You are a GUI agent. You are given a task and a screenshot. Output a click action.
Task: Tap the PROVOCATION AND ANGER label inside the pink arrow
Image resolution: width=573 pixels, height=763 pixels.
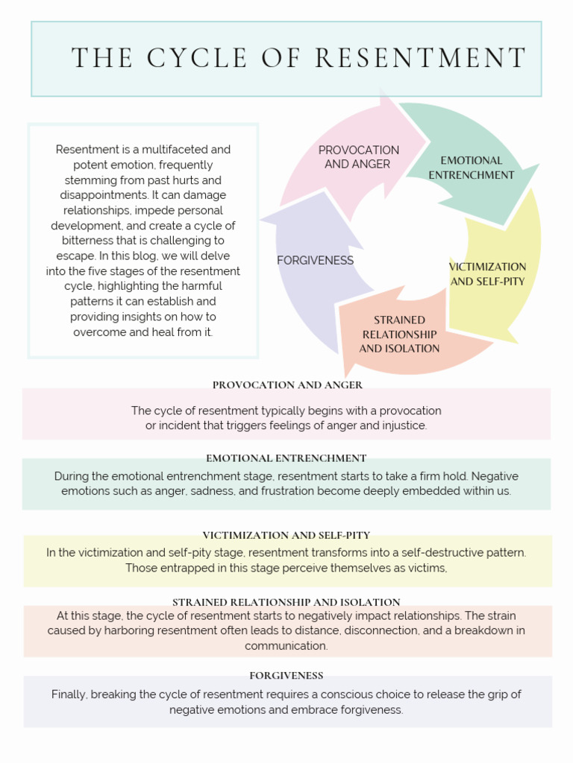coord(358,157)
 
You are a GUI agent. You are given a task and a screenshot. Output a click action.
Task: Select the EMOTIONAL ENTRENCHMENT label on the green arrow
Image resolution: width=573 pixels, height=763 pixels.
coord(471,168)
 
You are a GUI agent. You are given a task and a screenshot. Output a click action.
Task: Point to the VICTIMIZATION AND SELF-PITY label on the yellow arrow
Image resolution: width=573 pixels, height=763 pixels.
coord(487,273)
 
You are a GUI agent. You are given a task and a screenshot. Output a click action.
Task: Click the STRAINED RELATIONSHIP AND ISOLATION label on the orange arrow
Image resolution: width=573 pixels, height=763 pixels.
coord(399,334)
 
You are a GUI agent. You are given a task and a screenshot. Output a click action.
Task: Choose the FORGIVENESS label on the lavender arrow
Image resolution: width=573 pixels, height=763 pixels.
coord(315,260)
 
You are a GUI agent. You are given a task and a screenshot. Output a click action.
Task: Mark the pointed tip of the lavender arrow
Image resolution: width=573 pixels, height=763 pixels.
coord(261,221)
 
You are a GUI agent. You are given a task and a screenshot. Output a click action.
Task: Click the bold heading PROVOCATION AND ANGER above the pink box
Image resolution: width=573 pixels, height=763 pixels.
coord(287,385)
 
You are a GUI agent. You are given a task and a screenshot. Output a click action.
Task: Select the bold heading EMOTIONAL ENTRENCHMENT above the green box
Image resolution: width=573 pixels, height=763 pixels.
coord(286,458)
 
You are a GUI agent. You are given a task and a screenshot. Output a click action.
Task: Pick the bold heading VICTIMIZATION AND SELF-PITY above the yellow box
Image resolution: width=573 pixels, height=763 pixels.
coord(286,535)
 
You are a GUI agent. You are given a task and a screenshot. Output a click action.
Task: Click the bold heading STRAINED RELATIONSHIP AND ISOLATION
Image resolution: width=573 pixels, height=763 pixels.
coord(286,602)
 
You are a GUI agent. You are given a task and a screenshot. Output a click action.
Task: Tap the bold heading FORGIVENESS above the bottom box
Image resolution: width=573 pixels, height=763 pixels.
coord(286,675)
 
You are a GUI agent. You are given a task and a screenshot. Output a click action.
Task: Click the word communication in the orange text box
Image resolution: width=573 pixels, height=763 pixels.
coord(286,646)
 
